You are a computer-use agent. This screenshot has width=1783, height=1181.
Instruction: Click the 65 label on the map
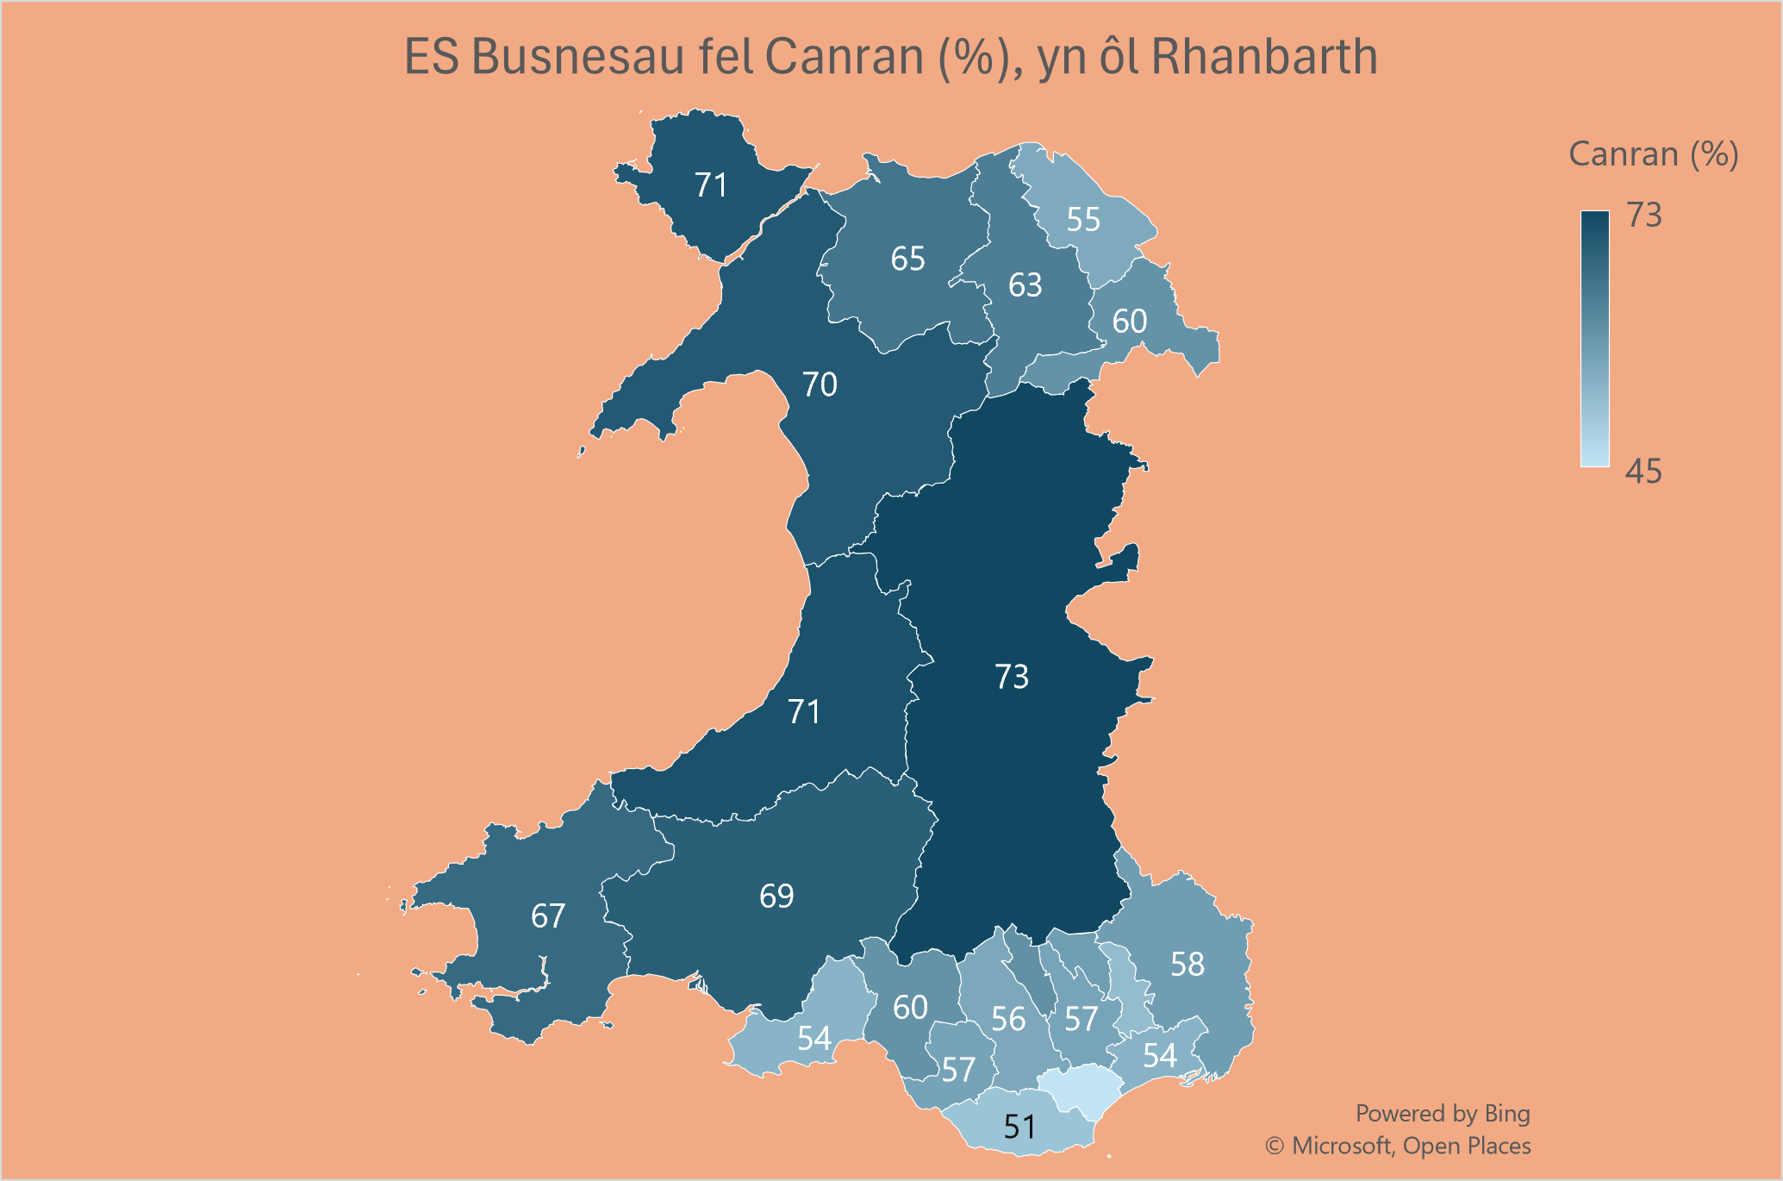(907, 259)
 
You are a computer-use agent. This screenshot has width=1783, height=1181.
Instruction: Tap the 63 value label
(1026, 285)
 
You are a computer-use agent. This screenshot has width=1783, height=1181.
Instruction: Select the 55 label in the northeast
(1083, 220)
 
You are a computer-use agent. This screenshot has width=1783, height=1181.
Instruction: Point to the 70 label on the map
(820, 384)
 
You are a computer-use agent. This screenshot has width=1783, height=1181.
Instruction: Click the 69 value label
(776, 897)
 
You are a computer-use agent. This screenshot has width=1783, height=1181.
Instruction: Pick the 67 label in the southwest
(548, 916)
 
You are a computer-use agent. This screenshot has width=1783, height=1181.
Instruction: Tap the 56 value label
(1008, 1020)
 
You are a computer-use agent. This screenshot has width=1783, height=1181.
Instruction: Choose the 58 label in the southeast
(1188, 965)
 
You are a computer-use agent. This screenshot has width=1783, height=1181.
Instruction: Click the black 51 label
(1020, 1127)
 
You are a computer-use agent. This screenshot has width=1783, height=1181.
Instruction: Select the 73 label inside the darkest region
(1012, 678)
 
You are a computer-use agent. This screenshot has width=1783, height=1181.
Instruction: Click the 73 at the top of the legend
(1643, 216)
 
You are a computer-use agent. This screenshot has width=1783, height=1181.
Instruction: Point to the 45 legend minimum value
(1643, 472)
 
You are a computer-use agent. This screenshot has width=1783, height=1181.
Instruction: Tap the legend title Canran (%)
(1653, 154)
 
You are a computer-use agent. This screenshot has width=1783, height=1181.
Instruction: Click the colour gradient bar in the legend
(1594, 339)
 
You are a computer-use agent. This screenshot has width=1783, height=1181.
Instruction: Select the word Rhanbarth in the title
(1264, 57)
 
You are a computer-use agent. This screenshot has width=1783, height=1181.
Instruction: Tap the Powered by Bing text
(1443, 1114)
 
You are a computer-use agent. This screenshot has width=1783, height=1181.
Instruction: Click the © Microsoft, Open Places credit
(1398, 1146)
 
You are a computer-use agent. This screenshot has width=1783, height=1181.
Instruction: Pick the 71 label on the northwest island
(711, 185)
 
